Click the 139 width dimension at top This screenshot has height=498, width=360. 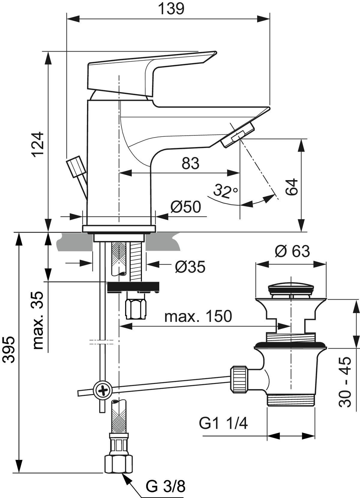click(171, 9)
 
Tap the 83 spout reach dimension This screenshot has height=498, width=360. click(190, 164)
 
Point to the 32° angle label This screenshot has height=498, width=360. click(225, 191)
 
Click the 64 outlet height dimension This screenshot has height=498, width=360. click(292, 187)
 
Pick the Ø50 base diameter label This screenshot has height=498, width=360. click(185, 207)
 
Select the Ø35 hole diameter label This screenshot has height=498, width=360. click(190, 267)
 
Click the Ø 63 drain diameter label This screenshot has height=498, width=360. click(292, 251)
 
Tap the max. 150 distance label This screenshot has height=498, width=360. click(198, 316)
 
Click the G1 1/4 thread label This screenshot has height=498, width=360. click(223, 424)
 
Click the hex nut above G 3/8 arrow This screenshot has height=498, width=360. click(118, 463)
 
